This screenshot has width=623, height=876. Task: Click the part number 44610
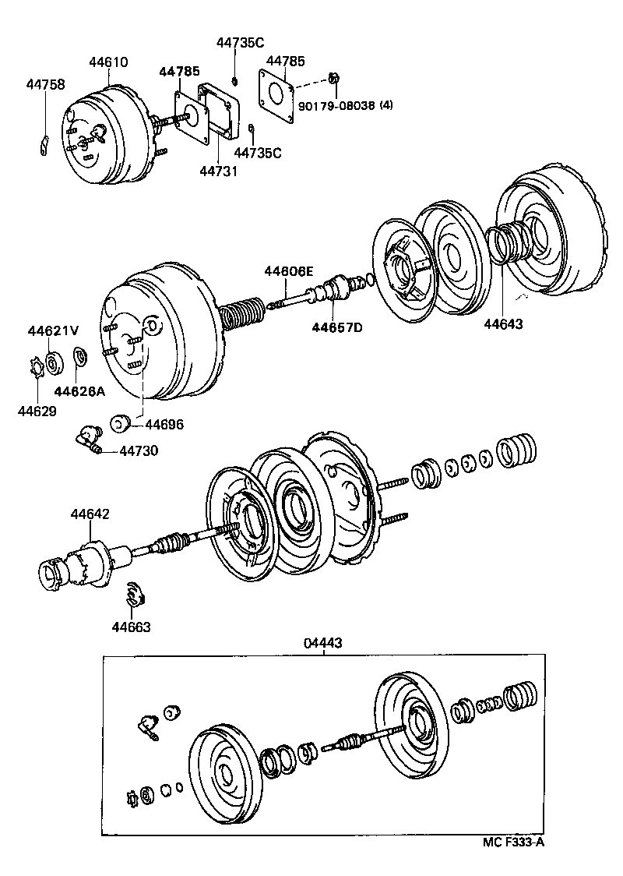pos(108,62)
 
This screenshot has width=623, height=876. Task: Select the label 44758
pos(45,84)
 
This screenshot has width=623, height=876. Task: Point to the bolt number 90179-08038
pos(336,104)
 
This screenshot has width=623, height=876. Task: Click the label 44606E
pos(288,270)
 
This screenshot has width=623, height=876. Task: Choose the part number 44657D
pos(337,327)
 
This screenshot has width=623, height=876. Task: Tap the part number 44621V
pos(54,330)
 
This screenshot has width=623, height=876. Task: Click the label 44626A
pos(79,390)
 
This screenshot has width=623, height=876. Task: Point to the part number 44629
pos(37,410)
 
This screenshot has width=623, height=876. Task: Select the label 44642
pos(90,514)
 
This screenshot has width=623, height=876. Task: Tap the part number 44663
pos(131,626)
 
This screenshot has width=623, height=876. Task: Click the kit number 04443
pos(323,643)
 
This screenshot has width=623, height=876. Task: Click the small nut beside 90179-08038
pos(334,77)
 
